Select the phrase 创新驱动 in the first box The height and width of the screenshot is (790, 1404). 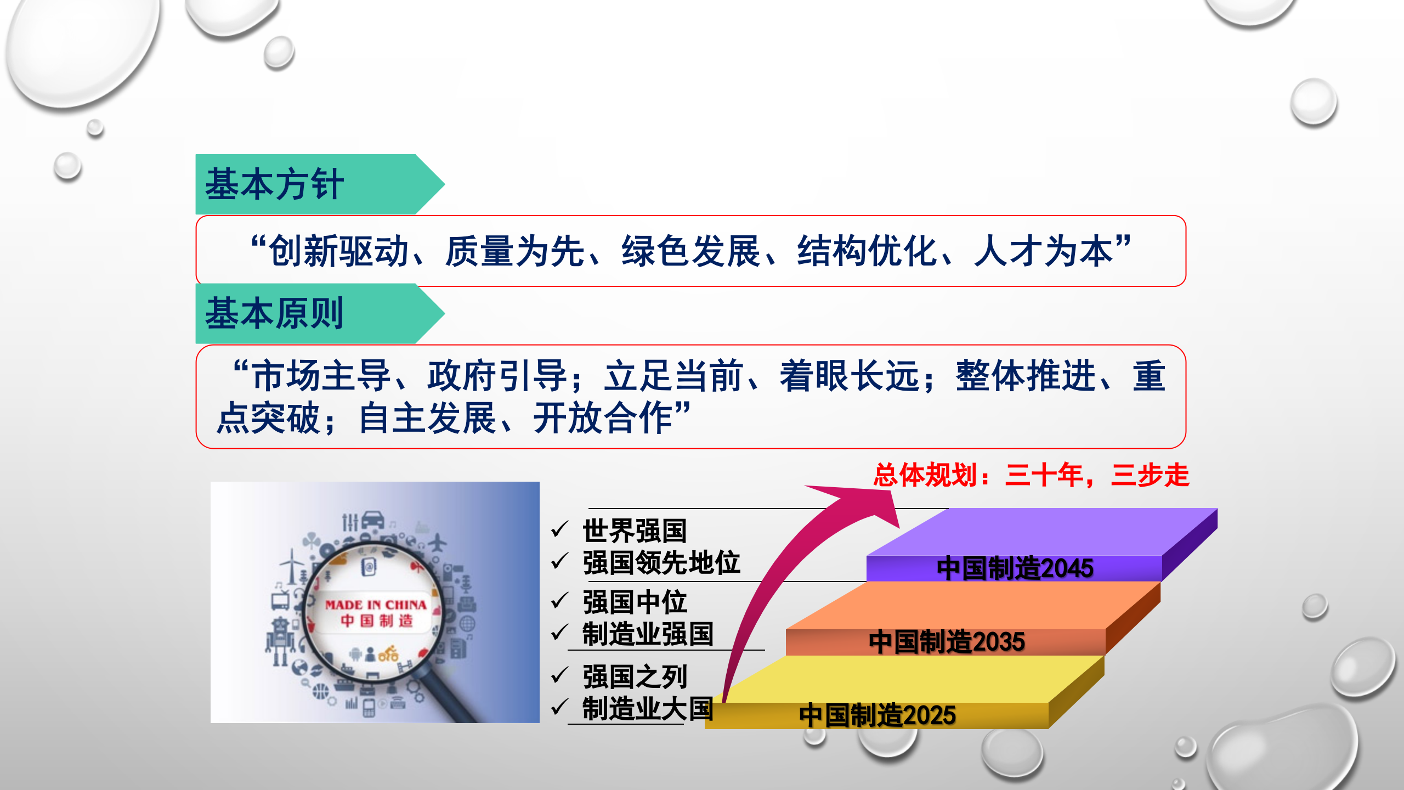339,251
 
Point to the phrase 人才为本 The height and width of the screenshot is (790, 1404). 1043,251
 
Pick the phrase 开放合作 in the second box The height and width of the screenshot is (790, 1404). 603,418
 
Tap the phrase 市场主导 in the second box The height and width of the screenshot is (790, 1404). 321,376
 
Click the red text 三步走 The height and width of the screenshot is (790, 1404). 1150,475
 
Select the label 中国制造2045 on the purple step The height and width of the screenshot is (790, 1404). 1015,568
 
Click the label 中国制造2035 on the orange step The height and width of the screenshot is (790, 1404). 947,642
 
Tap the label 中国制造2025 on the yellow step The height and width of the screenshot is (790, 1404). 877,715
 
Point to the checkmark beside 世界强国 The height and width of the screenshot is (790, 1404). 559,529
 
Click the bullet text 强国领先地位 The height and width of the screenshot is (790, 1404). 661,563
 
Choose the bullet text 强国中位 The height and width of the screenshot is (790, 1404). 635,602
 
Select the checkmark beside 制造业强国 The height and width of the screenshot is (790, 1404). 559,633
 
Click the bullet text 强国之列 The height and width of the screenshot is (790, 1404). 635,677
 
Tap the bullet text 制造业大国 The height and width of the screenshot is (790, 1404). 647,709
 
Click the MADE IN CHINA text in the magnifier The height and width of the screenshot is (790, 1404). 376,605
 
